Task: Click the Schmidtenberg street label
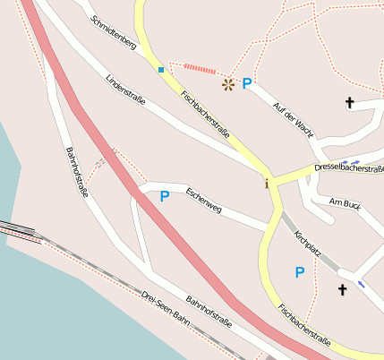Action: point(114,31)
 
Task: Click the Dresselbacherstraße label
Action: point(348,167)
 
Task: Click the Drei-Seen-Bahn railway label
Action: point(166,307)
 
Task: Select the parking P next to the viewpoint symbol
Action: point(247,84)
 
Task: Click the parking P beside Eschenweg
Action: point(165,196)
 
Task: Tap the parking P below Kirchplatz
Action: point(300,271)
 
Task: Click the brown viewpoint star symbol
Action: point(227,84)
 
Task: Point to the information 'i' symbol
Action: point(266,184)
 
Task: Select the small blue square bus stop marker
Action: point(161,69)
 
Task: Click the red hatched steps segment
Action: point(195,68)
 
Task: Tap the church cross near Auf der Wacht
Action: point(349,103)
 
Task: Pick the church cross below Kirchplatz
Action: point(341,289)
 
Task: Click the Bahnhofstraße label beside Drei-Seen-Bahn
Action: point(209,310)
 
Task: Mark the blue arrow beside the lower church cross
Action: point(362,284)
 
